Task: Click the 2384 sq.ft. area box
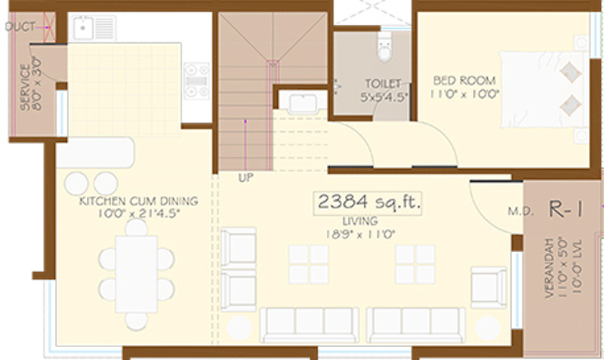pyautogui.click(x=368, y=203)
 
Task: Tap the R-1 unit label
pyautogui.click(x=565, y=210)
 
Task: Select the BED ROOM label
pyautogui.click(x=464, y=80)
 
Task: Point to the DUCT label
pyautogui.click(x=20, y=28)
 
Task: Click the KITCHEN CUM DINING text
pyautogui.click(x=139, y=202)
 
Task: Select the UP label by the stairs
pyautogui.click(x=245, y=178)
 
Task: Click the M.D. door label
pyautogui.click(x=516, y=211)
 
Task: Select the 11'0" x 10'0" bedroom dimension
pyautogui.click(x=464, y=94)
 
